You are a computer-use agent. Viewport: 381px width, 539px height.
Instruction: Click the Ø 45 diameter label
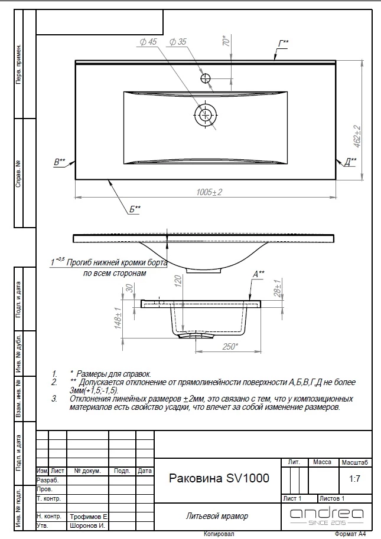[x=148, y=42]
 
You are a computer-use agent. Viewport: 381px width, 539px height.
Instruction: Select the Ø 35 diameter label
[x=178, y=42]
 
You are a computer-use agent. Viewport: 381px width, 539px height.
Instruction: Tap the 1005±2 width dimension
[x=209, y=192]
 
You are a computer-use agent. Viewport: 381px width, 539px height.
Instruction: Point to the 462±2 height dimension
[x=357, y=137]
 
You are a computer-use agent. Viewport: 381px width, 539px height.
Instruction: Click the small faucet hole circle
[x=206, y=78]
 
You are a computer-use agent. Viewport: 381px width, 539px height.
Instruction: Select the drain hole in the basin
[x=206, y=114]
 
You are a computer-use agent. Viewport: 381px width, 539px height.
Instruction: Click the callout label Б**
[x=135, y=209]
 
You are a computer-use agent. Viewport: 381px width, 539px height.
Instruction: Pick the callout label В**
[x=59, y=162]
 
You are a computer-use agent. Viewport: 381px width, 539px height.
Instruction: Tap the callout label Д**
[x=350, y=162]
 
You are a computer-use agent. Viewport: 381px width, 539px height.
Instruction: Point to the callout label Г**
[x=284, y=44]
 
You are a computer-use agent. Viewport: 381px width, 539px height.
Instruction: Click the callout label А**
[x=259, y=274]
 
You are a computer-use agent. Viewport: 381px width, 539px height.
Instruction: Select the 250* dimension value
[x=230, y=346]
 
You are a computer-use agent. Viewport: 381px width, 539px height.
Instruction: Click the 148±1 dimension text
[x=118, y=318]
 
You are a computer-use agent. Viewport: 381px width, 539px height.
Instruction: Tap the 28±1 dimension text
[x=278, y=287]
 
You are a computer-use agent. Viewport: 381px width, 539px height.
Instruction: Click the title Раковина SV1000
[x=219, y=478]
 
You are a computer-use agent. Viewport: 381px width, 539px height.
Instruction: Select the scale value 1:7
[x=354, y=478]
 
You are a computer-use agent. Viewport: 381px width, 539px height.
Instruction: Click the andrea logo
[x=327, y=516]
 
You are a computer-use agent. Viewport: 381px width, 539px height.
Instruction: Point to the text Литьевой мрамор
[x=217, y=516]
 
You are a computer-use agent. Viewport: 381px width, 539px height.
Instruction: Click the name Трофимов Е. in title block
[x=89, y=517]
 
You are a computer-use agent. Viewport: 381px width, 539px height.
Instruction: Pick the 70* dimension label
[x=226, y=41]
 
